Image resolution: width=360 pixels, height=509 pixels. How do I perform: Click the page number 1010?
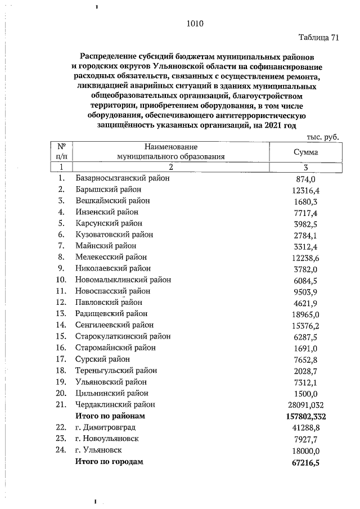(194, 24)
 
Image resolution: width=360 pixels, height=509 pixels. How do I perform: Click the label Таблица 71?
(319, 38)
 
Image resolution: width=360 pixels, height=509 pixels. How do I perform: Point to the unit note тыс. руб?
(323, 137)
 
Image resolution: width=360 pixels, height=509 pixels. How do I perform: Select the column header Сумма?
(305, 152)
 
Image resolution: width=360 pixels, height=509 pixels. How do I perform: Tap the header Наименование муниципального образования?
(171, 152)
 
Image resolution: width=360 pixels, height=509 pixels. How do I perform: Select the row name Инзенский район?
(106, 212)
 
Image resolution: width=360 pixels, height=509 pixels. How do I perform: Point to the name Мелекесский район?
(111, 257)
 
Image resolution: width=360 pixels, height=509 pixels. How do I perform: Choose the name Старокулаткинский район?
(123, 336)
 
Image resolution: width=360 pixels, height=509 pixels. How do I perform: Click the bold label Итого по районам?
(110, 416)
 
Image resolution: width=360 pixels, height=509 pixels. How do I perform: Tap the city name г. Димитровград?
(105, 427)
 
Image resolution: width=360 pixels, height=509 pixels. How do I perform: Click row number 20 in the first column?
(61, 393)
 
